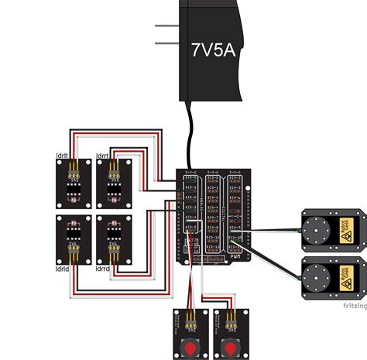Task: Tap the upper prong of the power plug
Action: pyautogui.click(x=166, y=26)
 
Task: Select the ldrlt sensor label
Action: pyautogui.click(x=62, y=156)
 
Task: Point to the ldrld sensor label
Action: pyautogui.click(x=63, y=268)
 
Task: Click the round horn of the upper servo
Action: pyautogui.click(x=317, y=228)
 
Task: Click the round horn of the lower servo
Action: pyautogui.click(x=317, y=275)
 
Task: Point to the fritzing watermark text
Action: pyautogui.click(x=354, y=305)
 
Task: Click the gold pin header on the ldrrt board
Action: pyautogui.click(x=112, y=166)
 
